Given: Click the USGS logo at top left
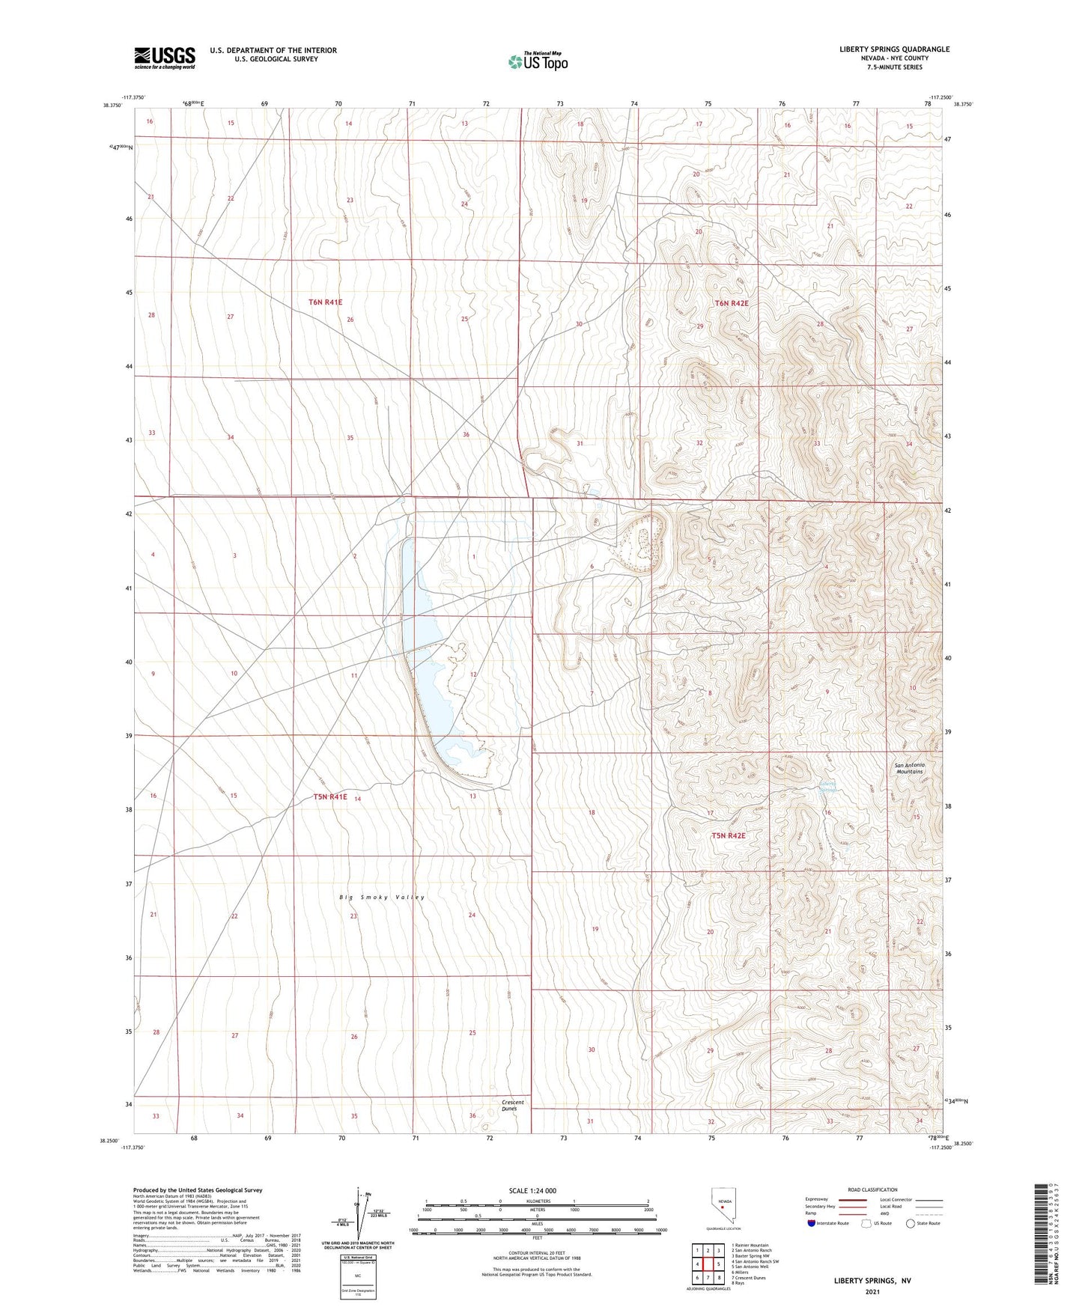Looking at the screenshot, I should [165, 58].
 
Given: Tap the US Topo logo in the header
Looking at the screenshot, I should [538, 61].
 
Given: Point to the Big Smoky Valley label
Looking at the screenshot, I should [382, 897].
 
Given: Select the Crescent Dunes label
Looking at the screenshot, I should [513, 1106].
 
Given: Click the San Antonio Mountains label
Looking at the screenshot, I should [911, 768].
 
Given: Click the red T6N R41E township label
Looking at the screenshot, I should [325, 302].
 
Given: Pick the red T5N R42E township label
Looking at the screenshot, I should [729, 835].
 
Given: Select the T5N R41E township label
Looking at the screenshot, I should [330, 797].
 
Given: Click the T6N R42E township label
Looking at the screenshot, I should [731, 303].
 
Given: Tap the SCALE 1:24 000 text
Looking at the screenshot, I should [532, 1190].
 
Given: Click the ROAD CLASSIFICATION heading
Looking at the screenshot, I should [872, 1189].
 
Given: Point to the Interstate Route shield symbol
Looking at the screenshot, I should [812, 1223].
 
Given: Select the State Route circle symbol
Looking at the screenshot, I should [910, 1223].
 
